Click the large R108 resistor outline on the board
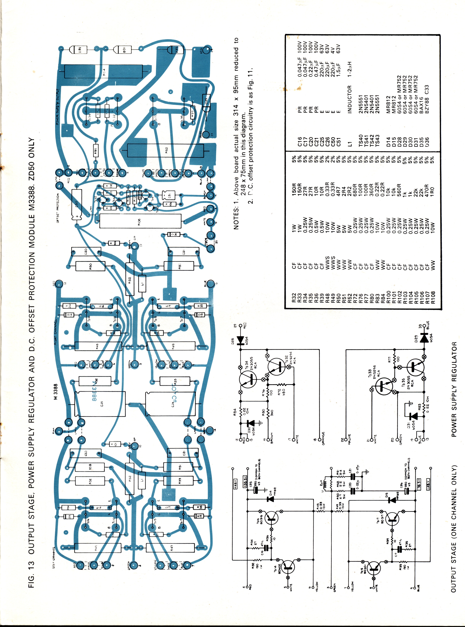tap(140, 221)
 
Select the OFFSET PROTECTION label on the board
tap(58, 208)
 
